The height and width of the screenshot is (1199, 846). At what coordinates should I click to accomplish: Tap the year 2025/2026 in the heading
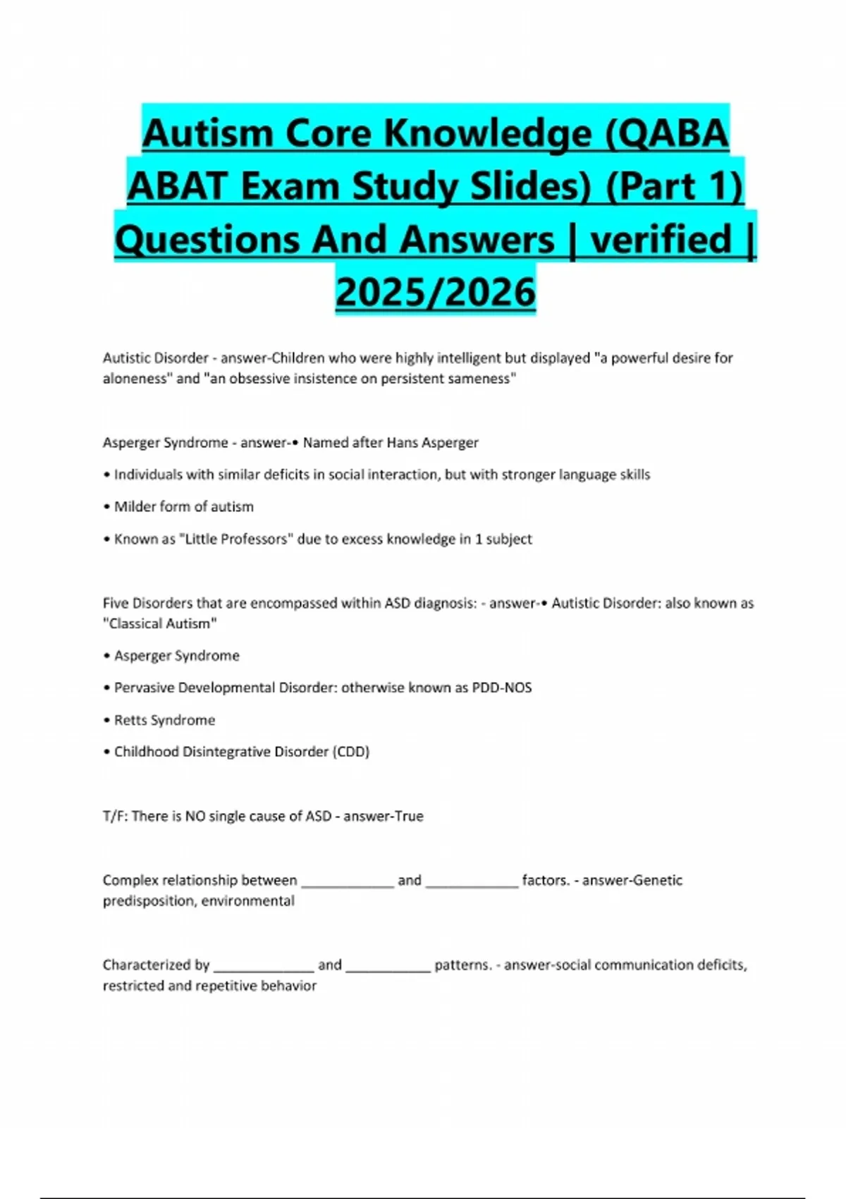click(436, 291)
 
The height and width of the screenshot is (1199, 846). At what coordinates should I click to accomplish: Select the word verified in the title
click(661, 239)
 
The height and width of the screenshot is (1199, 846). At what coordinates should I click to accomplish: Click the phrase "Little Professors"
click(236, 539)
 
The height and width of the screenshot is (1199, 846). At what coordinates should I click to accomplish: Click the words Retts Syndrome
click(164, 720)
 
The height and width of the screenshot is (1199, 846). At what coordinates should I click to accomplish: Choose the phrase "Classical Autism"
click(160, 623)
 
